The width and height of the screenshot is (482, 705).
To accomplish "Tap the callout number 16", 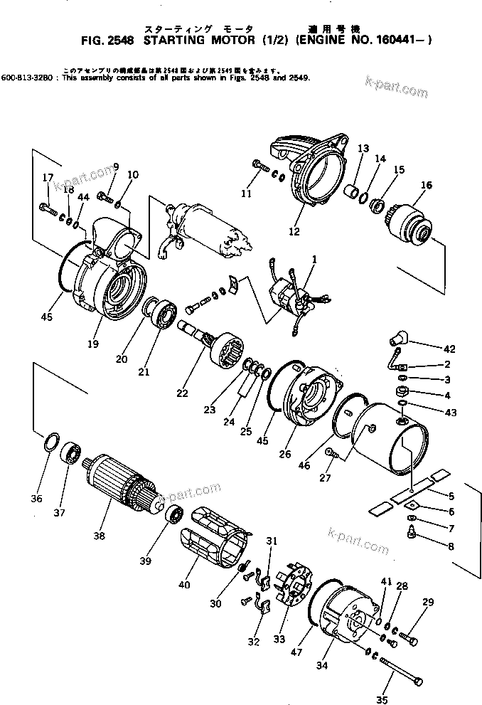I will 426,186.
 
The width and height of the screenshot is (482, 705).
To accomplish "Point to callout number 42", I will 449,349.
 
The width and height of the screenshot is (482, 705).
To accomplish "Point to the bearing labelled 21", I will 165,314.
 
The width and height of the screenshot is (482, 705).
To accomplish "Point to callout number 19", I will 93,344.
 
